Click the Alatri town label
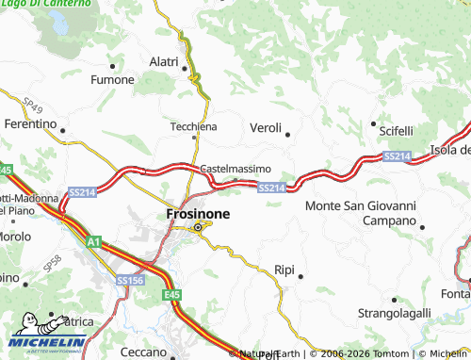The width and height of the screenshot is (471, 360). (x=164, y=62)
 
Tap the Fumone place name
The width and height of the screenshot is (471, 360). (x=111, y=80)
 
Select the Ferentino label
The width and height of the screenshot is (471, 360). (x=30, y=123)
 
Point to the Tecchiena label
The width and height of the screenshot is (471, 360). (x=193, y=126)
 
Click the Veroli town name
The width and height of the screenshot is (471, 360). (x=266, y=127)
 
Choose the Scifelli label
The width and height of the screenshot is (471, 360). (x=391, y=129)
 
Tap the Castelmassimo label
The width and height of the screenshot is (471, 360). (x=235, y=169)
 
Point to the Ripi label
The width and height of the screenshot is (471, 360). (x=284, y=270)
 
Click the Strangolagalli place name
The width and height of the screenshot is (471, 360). (x=394, y=312)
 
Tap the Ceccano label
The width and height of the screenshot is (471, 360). (x=143, y=352)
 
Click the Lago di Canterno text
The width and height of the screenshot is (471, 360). (x=47, y=5)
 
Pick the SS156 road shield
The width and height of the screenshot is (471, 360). (x=131, y=280)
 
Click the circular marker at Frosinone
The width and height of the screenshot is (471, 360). (x=198, y=227)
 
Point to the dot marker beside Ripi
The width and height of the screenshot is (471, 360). (x=300, y=276)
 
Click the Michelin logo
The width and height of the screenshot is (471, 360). (x=49, y=337)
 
